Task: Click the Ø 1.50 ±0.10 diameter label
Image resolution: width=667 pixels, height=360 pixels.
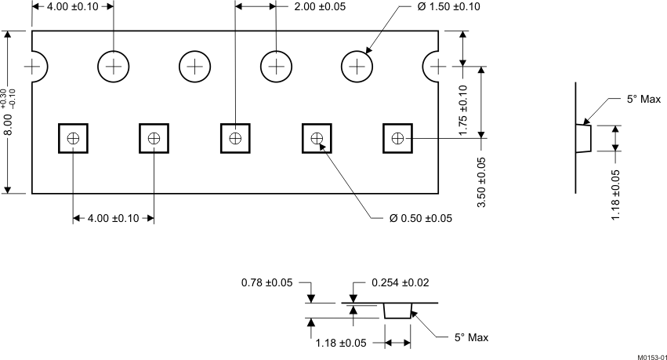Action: click(x=449, y=7)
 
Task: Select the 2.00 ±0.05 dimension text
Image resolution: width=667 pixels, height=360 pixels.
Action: click(x=320, y=7)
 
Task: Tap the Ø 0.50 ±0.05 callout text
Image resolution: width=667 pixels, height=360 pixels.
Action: click(x=421, y=218)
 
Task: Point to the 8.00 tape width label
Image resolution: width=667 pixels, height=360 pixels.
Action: click(x=8, y=124)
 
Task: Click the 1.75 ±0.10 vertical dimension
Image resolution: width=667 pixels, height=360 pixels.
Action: click(x=463, y=111)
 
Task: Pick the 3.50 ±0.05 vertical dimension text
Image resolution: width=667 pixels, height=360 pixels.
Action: click(x=481, y=183)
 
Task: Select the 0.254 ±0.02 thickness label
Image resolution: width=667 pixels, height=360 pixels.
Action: click(x=401, y=282)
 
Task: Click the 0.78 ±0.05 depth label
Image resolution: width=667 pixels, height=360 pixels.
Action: click(x=267, y=282)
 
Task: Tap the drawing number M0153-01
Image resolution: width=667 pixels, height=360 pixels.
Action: click(x=651, y=357)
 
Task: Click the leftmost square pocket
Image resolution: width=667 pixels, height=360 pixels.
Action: click(x=73, y=138)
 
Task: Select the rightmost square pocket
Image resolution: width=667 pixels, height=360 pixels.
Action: click(x=397, y=138)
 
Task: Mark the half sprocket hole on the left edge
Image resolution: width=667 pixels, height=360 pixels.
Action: click(x=39, y=67)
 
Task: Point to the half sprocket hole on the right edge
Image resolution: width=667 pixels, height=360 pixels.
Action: click(x=430, y=67)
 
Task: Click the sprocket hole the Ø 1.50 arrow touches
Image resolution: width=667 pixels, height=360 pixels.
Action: click(x=357, y=67)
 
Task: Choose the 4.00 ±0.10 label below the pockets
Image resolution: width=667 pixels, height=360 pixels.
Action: click(x=113, y=218)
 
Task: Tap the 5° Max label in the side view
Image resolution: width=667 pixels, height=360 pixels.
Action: click(x=644, y=99)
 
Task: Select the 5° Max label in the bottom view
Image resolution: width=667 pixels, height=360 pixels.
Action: click(x=472, y=337)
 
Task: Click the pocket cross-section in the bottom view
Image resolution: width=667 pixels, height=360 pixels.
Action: click(x=398, y=311)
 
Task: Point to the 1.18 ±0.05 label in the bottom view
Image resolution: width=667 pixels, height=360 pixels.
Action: click(x=341, y=343)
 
